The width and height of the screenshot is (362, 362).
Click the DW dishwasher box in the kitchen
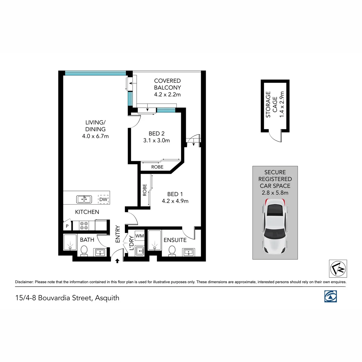103,199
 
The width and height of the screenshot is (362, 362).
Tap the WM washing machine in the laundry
139,236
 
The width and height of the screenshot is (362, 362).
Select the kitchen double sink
84,199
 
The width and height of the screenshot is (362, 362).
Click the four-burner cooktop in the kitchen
84,225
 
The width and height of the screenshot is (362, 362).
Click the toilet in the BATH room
84,251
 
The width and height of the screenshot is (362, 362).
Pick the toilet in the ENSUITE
172,251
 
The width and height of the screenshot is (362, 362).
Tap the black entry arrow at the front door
117,261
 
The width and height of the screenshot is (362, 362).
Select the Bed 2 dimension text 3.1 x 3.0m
156,140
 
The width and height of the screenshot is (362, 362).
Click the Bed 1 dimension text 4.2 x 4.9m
175,201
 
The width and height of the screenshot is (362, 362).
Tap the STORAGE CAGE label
271,104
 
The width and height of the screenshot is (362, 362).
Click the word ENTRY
118,234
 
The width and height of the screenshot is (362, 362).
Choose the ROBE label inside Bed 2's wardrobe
157,167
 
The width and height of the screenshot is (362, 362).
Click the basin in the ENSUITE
189,252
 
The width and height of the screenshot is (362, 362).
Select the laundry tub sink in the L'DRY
140,251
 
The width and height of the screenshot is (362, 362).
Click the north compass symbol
338,268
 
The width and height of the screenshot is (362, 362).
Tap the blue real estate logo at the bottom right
330,296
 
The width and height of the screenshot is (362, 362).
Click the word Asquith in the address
107,298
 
